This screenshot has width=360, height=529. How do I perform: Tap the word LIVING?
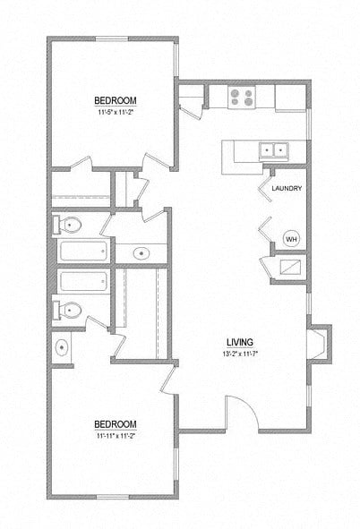pyautogui.click(x=239, y=342)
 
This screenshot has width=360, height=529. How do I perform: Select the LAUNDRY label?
pyautogui.click(x=286, y=188)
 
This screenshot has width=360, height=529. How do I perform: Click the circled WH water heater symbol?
pyautogui.click(x=290, y=238)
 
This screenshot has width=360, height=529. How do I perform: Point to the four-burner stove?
pyautogui.click(x=241, y=96)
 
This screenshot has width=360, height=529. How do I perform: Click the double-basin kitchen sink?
pyautogui.click(x=273, y=150)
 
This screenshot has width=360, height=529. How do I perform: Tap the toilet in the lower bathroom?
pyautogui.click(x=71, y=311)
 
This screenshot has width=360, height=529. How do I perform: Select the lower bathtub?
pyautogui.click(x=82, y=282)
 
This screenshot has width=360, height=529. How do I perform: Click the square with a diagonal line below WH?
pyautogui.click(x=291, y=266)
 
